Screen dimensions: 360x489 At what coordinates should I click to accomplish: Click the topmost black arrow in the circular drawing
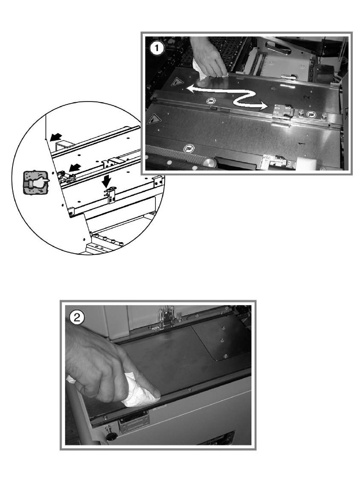click(x=56, y=136)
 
